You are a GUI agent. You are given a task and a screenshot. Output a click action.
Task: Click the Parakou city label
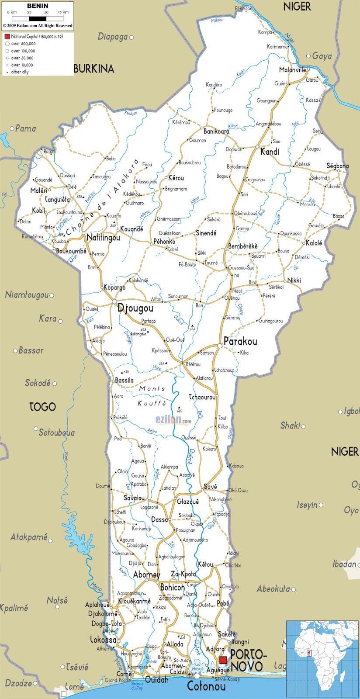[x=240, y=341]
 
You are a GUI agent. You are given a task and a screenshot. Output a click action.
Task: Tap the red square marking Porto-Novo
[x=223, y=660]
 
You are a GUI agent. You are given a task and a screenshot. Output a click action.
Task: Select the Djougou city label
[x=135, y=308]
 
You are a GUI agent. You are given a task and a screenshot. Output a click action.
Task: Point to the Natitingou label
[x=103, y=238]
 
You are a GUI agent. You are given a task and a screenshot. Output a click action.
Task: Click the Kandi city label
[x=270, y=152]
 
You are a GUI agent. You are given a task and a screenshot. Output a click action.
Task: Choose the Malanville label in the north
[x=293, y=69]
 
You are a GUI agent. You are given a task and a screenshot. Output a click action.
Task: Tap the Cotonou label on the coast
[x=206, y=686]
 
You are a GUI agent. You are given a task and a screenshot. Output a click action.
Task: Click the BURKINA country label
[x=93, y=69]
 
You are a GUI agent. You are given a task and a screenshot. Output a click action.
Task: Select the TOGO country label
[x=42, y=407]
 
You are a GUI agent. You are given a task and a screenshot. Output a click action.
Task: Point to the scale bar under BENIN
[x=38, y=18]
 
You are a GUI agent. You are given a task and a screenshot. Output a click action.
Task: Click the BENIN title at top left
[x=38, y=6]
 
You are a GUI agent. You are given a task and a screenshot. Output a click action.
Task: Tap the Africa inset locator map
[x=322, y=659]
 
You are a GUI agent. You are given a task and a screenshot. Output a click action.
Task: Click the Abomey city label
[x=146, y=574]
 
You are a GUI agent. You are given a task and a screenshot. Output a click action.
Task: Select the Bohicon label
[x=173, y=588]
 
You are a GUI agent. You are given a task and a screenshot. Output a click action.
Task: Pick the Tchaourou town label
[x=202, y=397]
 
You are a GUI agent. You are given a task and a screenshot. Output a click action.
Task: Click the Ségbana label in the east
[x=338, y=166]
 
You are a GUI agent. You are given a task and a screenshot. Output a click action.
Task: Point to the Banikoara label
[x=216, y=131]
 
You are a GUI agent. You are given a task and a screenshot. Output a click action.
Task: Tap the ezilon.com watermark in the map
[x=173, y=420]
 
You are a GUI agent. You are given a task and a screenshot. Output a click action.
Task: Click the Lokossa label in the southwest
[x=103, y=640]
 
